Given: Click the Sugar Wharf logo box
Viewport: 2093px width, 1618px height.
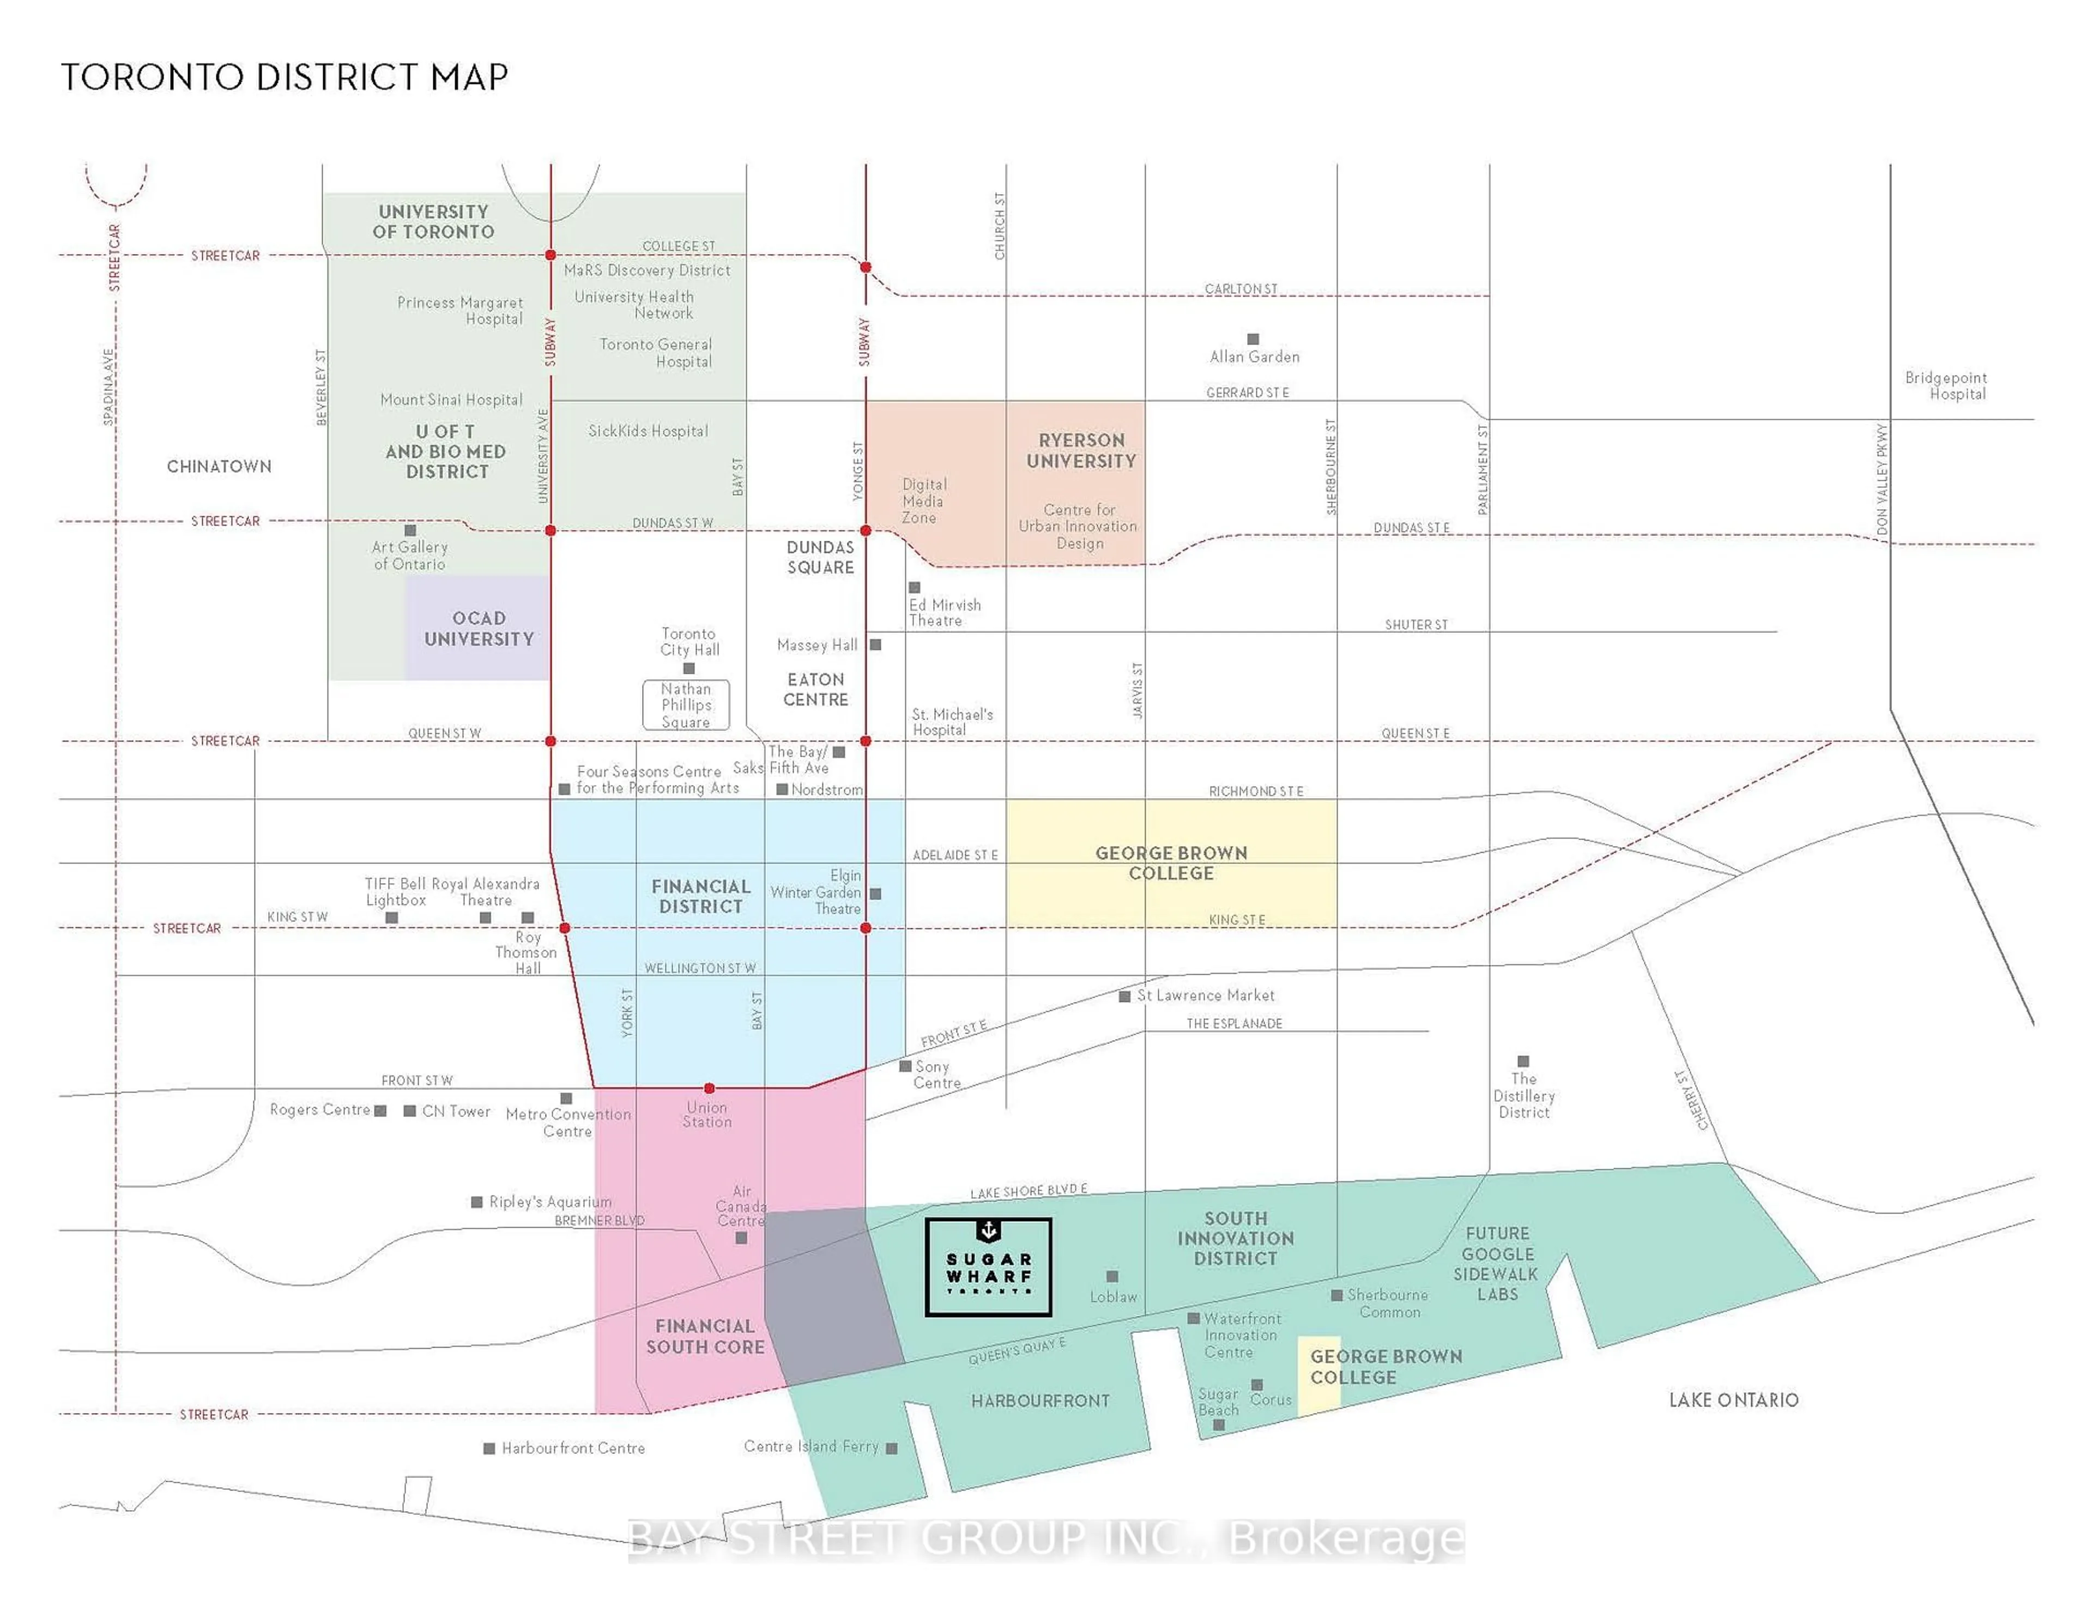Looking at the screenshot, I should (x=988, y=1266).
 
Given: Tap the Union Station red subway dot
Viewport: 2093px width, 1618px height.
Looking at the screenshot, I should (x=709, y=1088).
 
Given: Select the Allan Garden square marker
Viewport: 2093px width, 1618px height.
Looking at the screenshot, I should (x=1253, y=339).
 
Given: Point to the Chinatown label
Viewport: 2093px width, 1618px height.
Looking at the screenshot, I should (x=220, y=467).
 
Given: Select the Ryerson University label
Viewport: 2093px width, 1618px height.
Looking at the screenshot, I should (x=1081, y=450).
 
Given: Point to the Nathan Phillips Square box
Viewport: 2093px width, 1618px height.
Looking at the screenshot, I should (x=686, y=705).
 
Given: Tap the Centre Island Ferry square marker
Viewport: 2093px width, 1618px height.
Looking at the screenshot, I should (x=891, y=1448).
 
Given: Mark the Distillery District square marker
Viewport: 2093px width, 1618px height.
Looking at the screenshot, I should (x=1523, y=1061).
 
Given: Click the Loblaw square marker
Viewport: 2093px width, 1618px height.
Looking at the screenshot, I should (x=1112, y=1277).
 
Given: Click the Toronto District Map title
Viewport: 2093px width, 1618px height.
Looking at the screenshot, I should (x=285, y=77).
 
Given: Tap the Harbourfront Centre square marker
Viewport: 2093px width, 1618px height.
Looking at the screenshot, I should (x=489, y=1448).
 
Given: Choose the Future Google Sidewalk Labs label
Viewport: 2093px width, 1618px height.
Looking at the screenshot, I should (x=1496, y=1263).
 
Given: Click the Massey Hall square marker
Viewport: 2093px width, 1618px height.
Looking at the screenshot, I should (x=875, y=645).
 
